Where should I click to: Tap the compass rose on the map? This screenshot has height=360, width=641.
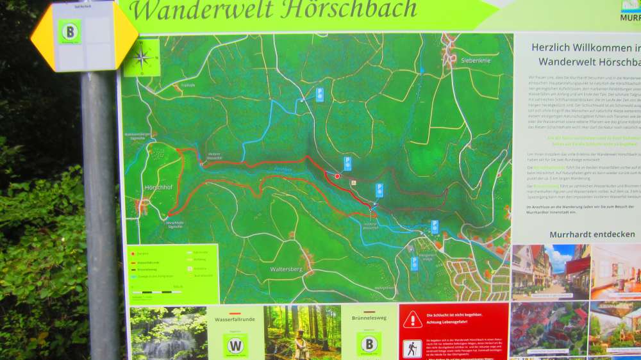tap(142, 57)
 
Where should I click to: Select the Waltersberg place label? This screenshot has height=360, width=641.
tap(286, 269)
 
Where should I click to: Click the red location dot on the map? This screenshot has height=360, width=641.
tap(337, 176)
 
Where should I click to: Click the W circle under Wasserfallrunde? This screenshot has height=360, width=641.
tap(235, 345)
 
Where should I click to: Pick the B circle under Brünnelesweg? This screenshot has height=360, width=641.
tap(369, 344)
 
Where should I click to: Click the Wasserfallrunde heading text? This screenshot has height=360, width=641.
tap(235, 318)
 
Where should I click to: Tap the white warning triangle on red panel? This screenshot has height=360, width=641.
tap(412, 319)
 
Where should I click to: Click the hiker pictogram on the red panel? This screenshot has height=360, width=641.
tap(412, 348)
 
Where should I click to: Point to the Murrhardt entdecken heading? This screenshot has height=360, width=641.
tap(583, 234)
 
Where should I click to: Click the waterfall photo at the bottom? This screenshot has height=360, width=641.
tap(168, 333)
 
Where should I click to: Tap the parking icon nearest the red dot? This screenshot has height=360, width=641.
tap(347, 163)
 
